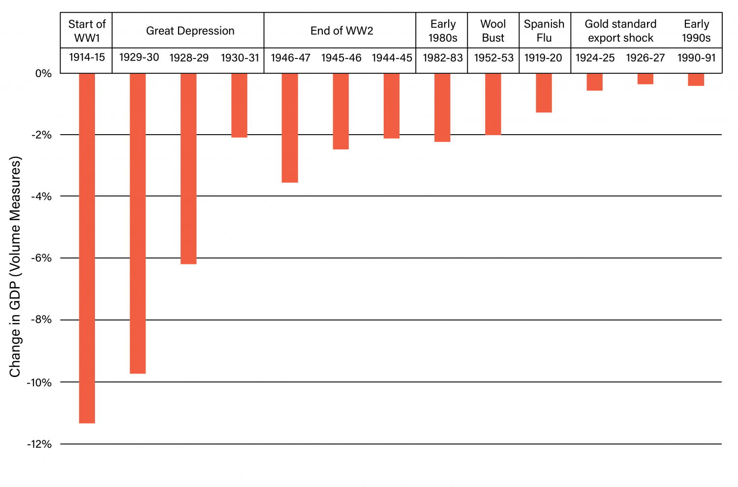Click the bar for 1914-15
(x=87, y=248)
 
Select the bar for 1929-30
(x=138, y=223)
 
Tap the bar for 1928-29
(x=188, y=169)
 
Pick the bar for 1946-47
(x=290, y=128)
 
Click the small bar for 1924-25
(x=594, y=82)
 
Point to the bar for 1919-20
(x=544, y=93)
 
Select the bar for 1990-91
(x=696, y=80)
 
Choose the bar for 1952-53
(x=493, y=104)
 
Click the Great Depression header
(x=190, y=31)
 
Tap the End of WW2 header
(x=341, y=31)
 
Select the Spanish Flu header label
(x=544, y=31)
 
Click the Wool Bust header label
(x=493, y=31)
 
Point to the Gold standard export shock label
(x=620, y=31)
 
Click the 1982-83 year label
(x=442, y=58)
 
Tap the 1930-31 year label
(x=240, y=58)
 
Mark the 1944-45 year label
(x=392, y=58)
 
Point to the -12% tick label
(x=39, y=444)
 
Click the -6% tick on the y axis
(x=41, y=258)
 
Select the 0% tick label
(x=43, y=74)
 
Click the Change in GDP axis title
(x=15, y=266)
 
